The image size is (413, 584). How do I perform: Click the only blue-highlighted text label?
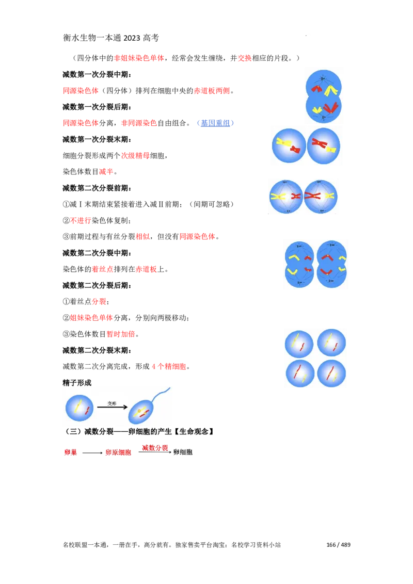coord(215,123)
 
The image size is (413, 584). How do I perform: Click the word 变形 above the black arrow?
coord(112,403)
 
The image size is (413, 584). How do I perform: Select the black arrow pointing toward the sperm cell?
coord(113,407)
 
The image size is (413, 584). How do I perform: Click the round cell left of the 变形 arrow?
coord(80,408)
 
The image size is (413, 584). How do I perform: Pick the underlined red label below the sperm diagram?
coord(155,447)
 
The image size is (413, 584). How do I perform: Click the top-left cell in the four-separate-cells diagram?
coord(299,344)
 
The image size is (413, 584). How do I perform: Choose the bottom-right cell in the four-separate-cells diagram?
coord(331,374)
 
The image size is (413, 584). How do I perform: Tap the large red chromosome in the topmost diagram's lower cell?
coord(331,108)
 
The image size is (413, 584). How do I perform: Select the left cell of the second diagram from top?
coord(289,145)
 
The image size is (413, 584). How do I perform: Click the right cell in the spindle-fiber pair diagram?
coord(320,196)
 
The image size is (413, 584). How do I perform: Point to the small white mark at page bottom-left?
coord(68,550)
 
